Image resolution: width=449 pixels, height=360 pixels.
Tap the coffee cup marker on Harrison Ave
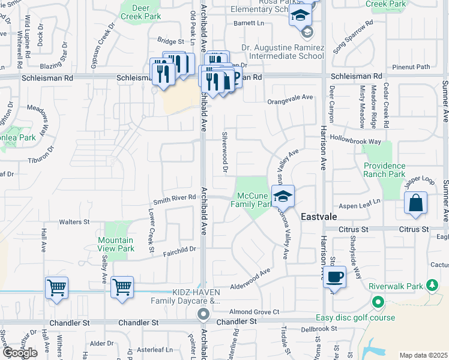pos(336,277)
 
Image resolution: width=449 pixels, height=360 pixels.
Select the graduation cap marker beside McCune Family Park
pos(283,196)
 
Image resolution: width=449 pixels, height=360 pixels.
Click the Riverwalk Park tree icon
pos(430,284)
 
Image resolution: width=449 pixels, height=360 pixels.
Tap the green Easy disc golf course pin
pos(378,302)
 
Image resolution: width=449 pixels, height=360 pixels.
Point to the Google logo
pos(20,352)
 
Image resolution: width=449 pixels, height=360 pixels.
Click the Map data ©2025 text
pos(423,355)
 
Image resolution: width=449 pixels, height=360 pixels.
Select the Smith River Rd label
pos(175,197)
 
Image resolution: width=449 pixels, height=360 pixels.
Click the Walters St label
pos(74,222)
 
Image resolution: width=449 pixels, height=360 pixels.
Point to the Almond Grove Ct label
pos(255,311)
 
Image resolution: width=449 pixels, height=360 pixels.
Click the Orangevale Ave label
pos(291,97)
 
